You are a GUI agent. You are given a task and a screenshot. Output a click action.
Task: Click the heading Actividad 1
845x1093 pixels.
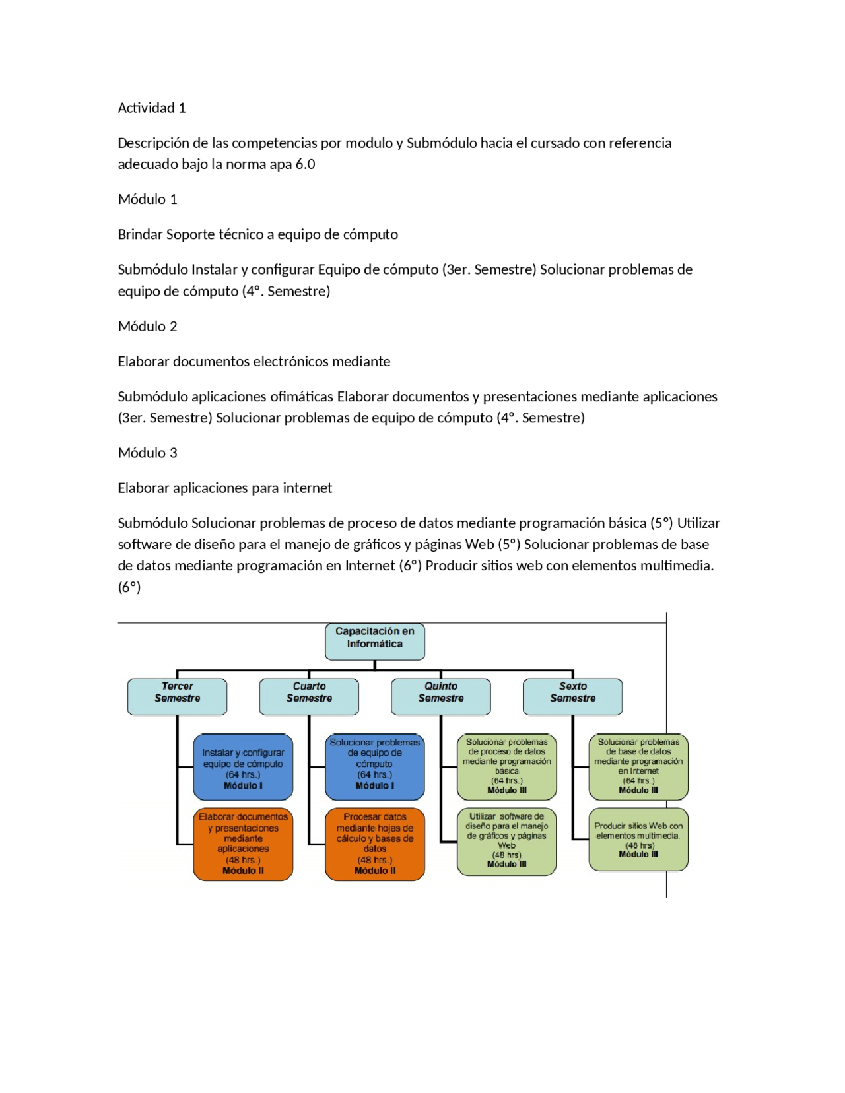(152, 108)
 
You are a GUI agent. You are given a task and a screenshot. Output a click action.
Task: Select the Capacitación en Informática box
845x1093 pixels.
(374, 642)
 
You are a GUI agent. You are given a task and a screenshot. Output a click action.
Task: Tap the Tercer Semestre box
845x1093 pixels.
(177, 696)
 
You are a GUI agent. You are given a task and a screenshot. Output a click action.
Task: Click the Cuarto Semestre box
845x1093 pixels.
(309, 696)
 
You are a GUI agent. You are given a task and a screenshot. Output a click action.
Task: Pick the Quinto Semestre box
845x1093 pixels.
(441, 696)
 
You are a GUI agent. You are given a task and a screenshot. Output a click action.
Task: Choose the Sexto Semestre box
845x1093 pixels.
(572, 696)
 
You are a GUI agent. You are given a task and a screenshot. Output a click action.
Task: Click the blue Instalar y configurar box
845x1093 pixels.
(243, 767)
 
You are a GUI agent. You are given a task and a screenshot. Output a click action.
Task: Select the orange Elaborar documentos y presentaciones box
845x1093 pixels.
(243, 844)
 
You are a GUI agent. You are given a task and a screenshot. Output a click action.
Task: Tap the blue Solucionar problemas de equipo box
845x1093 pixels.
(374, 767)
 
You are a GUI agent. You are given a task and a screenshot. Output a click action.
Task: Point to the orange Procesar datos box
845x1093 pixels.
(374, 844)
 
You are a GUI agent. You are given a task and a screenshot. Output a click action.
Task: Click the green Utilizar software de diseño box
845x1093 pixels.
(506, 842)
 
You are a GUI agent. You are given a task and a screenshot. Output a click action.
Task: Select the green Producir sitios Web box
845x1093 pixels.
(638, 840)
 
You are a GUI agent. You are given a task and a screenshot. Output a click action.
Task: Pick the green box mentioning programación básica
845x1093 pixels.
(506, 767)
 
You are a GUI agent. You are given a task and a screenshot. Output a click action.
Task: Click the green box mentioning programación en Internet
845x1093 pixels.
(638, 767)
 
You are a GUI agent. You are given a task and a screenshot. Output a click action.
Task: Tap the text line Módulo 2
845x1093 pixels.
(148, 327)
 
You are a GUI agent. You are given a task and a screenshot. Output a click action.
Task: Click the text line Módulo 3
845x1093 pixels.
(148, 453)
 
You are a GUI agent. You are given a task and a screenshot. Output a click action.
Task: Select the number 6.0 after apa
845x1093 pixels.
(305, 164)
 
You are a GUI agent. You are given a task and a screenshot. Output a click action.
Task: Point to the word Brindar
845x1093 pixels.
(140, 235)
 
